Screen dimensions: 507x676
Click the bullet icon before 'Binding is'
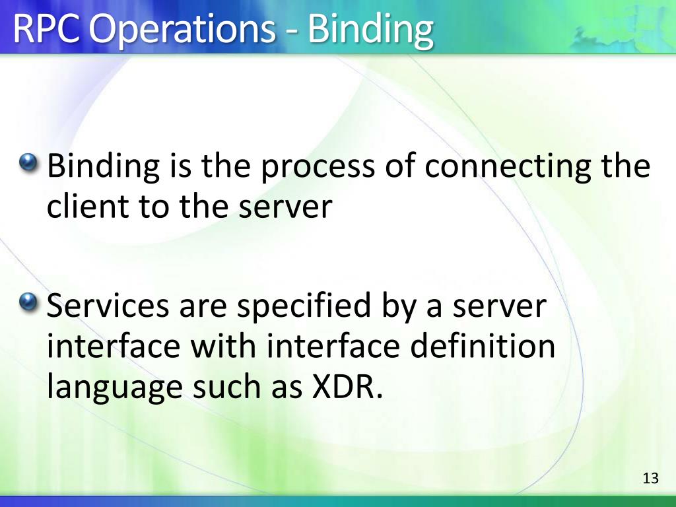(x=29, y=161)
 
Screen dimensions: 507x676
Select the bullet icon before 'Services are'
(x=29, y=303)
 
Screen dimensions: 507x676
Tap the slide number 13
(x=650, y=479)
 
